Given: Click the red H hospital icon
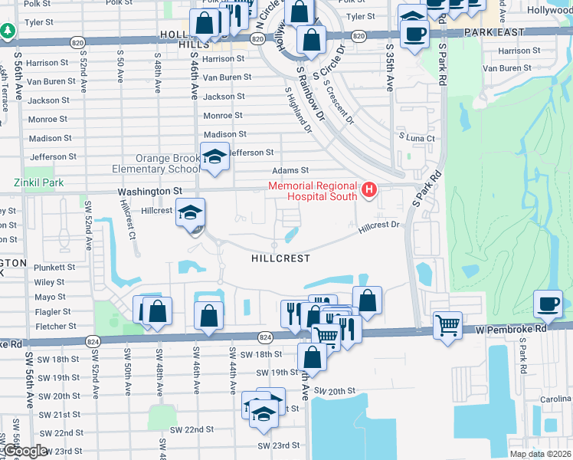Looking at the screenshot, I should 370,189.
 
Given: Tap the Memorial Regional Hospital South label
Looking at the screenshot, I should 313,191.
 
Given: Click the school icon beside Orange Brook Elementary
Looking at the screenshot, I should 215,156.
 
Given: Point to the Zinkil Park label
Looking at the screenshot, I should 39,183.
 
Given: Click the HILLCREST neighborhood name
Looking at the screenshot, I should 280,258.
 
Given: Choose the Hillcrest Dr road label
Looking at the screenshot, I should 379,225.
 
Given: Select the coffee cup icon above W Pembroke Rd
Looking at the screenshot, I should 548,303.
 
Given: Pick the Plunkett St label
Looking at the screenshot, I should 54,268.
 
